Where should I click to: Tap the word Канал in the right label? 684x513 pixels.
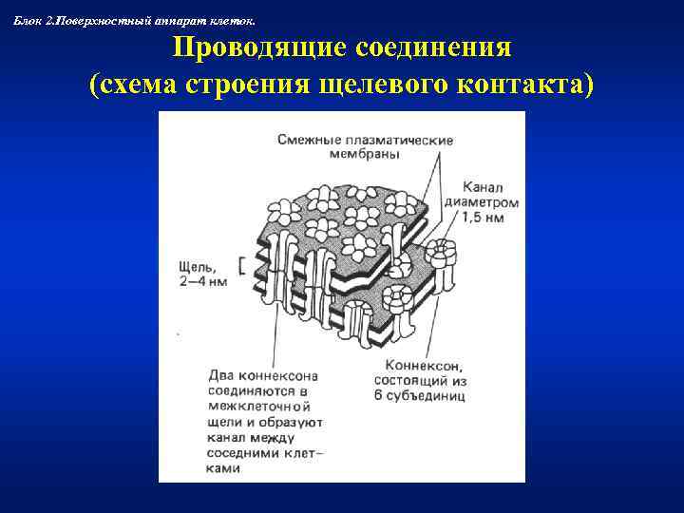pyautogui.click(x=483, y=186)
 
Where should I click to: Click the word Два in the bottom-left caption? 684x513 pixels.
pyautogui.click(x=220, y=376)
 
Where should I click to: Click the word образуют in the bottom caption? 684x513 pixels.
pyautogui.click(x=294, y=422)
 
